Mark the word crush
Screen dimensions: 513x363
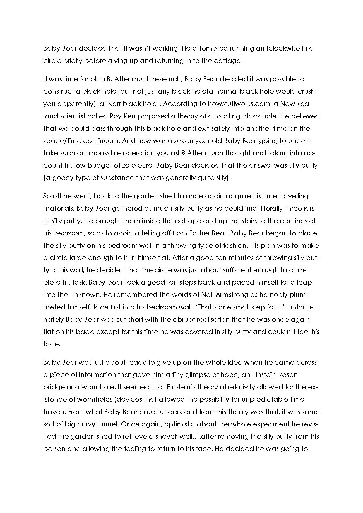coord(306,91)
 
